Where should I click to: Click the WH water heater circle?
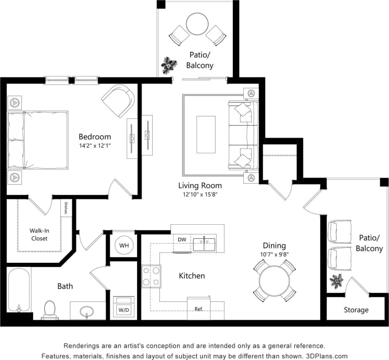click(124, 245)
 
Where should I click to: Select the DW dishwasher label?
click(182, 240)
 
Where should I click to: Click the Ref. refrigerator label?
click(199, 309)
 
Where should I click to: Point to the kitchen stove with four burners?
click(151, 276)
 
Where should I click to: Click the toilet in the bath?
click(49, 309)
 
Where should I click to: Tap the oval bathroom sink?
click(87, 311)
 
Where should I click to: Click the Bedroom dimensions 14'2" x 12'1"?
click(95, 146)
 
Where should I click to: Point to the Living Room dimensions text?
click(200, 194)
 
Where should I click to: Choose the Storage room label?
click(356, 310)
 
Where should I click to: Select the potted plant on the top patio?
click(169, 65)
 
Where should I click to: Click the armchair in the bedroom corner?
click(118, 101)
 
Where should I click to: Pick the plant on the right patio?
click(336, 281)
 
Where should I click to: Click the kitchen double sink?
click(204, 245)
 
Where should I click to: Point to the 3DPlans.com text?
click(327, 356)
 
